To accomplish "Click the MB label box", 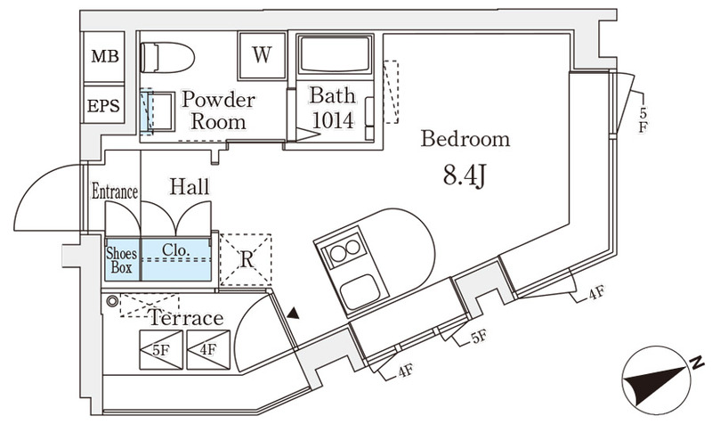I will click(x=105, y=56).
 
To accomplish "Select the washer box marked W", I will click(x=261, y=55).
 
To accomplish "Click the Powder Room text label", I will click(x=218, y=110).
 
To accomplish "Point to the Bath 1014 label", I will click(x=332, y=108).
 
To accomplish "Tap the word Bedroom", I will click(x=465, y=139).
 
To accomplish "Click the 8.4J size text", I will click(x=464, y=175).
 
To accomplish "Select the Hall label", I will click(x=189, y=187).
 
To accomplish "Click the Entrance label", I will click(x=115, y=192).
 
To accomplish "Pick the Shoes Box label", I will click(x=122, y=258).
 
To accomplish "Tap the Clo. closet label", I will click(x=176, y=251).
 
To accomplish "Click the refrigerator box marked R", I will click(x=247, y=261).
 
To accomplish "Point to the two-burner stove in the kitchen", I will click(x=344, y=251).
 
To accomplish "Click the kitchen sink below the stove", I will click(x=361, y=290).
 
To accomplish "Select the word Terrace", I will click(x=185, y=319).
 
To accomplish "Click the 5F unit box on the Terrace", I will click(x=161, y=349).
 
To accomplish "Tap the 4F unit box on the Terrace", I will click(x=208, y=349).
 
